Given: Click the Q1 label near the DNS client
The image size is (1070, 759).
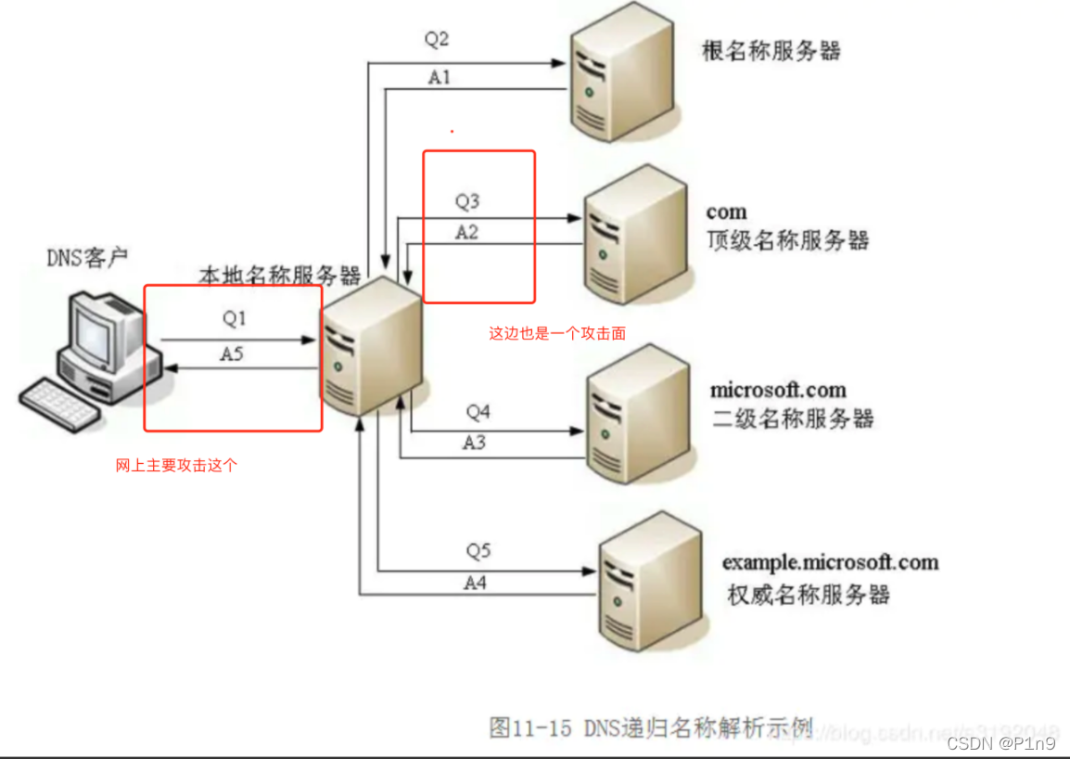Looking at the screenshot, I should [235, 318].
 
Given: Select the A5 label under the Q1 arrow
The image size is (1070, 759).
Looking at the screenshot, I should [232, 354].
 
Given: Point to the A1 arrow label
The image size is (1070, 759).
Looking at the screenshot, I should [439, 78].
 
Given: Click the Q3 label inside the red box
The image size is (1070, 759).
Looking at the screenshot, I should [467, 200].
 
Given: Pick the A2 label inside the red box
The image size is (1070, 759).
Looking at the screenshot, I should [466, 232].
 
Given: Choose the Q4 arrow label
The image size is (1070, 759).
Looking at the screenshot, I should [478, 410].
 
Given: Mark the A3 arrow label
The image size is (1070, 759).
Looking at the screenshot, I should [474, 443].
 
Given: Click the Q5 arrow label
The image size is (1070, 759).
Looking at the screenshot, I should [478, 551].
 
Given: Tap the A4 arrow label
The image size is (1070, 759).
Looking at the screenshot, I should [475, 583].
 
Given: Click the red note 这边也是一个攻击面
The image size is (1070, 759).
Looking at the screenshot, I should [557, 333].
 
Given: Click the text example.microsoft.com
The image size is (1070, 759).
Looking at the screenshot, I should [830, 562].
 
